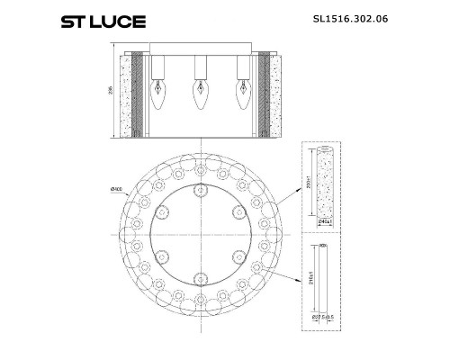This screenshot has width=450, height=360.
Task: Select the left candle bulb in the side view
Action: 157,93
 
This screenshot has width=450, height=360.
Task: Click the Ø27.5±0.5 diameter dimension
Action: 324,317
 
